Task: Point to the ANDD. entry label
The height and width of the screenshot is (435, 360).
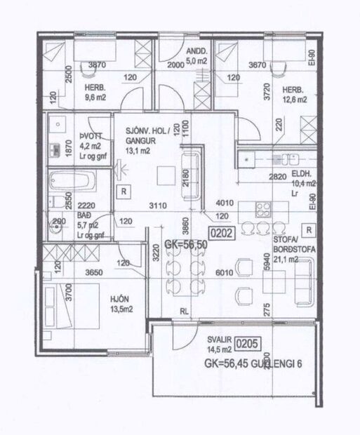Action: click(196, 51)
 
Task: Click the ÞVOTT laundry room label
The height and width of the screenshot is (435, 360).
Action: click(72, 138)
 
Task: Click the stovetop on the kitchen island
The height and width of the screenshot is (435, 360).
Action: click(265, 208)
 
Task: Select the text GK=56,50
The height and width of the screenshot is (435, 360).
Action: click(185, 245)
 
